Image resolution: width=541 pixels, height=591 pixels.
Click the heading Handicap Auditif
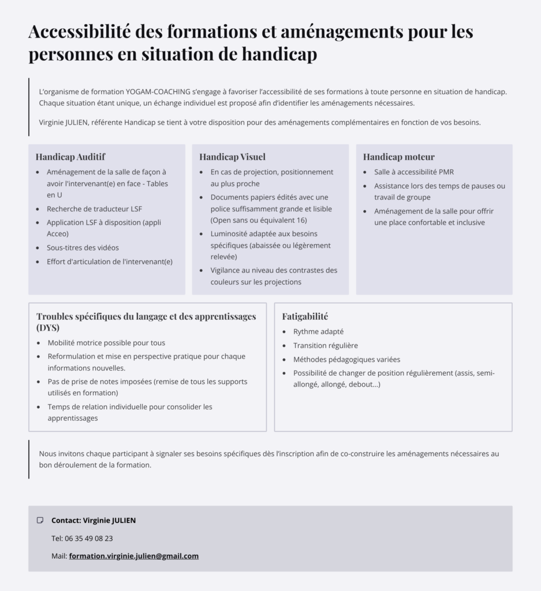pos(70,157)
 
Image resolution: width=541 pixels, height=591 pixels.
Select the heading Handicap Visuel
pos(232,157)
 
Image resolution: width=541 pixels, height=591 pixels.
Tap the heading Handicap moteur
pos(398,157)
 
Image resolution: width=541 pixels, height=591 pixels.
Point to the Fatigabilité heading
pos(305,316)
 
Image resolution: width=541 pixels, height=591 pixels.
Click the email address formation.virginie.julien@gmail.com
pos(133,556)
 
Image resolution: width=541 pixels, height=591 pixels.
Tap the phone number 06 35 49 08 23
pos(88,538)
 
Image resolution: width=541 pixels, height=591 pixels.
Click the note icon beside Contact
pos(40,520)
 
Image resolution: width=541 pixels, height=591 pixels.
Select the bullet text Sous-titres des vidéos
pos(83,248)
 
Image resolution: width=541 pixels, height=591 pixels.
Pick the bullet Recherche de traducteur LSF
pos(94,209)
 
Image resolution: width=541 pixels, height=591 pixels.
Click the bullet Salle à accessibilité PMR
pos(413,172)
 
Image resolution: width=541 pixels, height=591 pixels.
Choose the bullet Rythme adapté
pos(318,331)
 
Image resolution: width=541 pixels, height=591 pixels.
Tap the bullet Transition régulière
pos(325,345)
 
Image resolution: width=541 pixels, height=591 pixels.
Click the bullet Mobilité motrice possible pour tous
pos(106,342)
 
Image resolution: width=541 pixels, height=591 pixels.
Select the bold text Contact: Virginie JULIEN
pos(94,520)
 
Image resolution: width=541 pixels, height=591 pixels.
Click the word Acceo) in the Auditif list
pos(58,234)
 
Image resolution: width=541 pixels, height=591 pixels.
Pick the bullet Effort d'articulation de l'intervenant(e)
pos(110,261)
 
